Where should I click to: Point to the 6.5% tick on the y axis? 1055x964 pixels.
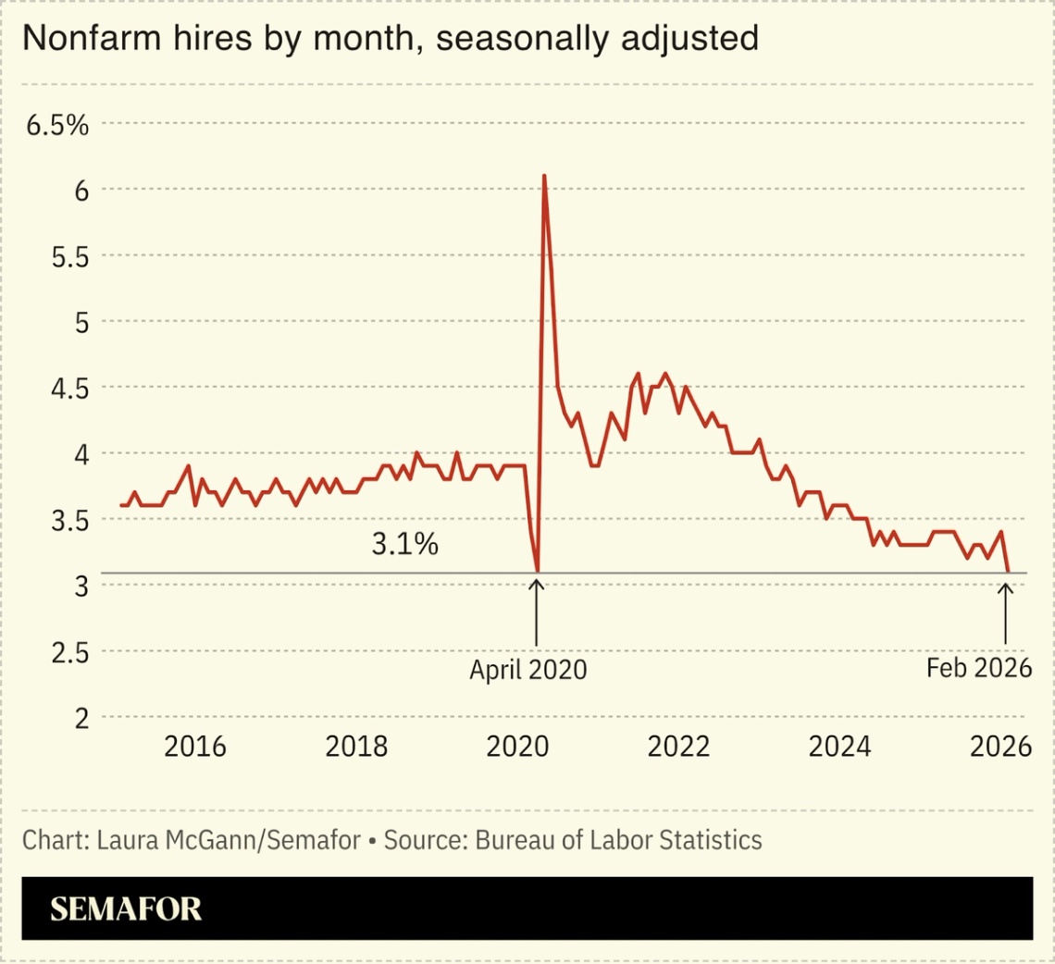(x=57, y=125)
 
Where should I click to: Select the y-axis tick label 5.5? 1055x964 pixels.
(x=69, y=256)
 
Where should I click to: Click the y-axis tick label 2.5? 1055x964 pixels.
(x=69, y=652)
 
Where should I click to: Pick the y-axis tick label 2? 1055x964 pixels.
(x=81, y=718)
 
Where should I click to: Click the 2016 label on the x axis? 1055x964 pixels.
(x=194, y=747)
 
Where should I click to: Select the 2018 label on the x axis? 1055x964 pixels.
(x=356, y=747)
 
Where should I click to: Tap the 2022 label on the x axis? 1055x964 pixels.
(x=679, y=747)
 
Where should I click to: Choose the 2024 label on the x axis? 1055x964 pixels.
(x=840, y=747)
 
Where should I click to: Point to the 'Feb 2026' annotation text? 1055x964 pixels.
(x=978, y=668)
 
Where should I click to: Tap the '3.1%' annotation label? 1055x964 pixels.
(x=404, y=546)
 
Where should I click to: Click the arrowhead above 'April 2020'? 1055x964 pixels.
(x=536, y=583)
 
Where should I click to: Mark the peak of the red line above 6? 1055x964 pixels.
(x=544, y=176)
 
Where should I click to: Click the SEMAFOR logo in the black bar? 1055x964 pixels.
(x=126, y=908)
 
